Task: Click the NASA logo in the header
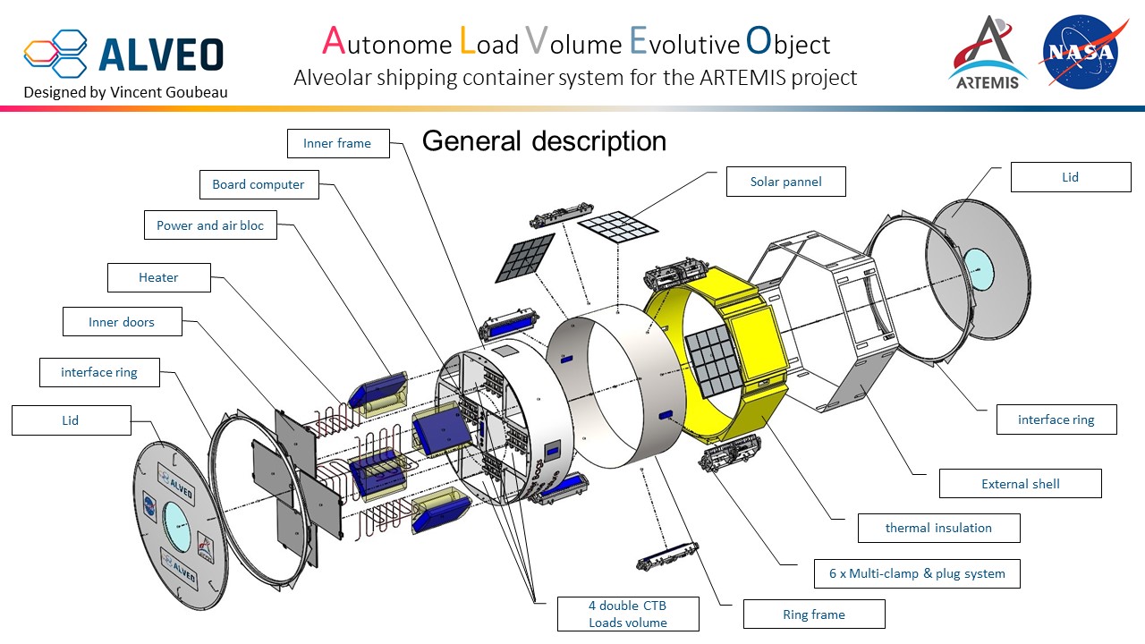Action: pyautogui.click(x=1080, y=51)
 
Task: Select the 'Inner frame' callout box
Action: pyautogui.click(x=338, y=143)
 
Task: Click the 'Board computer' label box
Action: pyautogui.click(x=259, y=185)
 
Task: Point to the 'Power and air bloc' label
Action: pyautogui.click(x=210, y=225)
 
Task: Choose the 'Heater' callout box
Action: pyautogui.click(x=158, y=277)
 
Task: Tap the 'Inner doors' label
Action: pyautogui.click(x=122, y=322)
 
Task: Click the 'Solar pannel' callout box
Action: pyautogui.click(x=786, y=182)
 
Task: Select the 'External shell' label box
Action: pyautogui.click(x=1020, y=484)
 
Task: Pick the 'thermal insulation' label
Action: pyautogui.click(x=938, y=528)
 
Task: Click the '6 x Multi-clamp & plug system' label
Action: pyautogui.click(x=917, y=573)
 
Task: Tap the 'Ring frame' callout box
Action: pyautogui.click(x=814, y=614)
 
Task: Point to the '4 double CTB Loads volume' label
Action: pyautogui.click(x=627, y=614)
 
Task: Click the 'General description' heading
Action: pyautogui.click(x=544, y=141)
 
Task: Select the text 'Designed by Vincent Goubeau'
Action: pyautogui.click(x=125, y=92)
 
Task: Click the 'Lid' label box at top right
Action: pyautogui.click(x=1071, y=177)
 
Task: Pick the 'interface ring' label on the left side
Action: pyautogui.click(x=99, y=372)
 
